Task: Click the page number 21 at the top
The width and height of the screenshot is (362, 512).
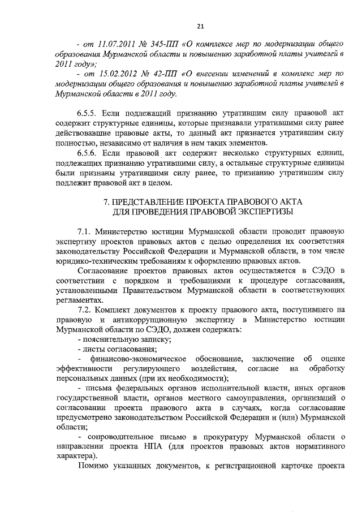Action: pyautogui.click(x=201, y=25)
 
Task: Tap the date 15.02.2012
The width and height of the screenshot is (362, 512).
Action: pyautogui.click(x=116, y=74)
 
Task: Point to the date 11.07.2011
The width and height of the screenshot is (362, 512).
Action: pyautogui.click(x=116, y=43)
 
